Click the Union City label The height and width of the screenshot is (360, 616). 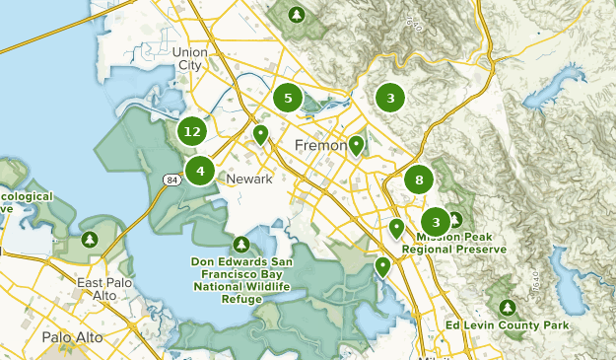188,58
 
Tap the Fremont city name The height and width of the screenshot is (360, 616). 321,146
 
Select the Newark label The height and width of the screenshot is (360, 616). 247,180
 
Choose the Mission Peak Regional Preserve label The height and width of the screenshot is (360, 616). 460,244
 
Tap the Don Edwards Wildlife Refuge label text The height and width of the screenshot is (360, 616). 241,280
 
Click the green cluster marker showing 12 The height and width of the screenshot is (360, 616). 192,130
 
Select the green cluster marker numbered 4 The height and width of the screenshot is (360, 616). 200,171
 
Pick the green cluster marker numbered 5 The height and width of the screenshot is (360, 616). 288,98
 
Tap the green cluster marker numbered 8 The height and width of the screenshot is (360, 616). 419,180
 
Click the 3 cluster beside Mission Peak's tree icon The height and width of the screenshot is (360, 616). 435,222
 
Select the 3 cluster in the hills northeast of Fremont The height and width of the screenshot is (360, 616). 390,98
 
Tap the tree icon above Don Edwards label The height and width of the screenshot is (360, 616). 241,244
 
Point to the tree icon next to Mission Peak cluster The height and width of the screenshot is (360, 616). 454,219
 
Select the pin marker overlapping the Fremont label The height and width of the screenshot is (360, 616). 356,146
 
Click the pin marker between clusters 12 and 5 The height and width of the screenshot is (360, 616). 260,134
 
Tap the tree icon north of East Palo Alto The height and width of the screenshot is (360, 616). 90,239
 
